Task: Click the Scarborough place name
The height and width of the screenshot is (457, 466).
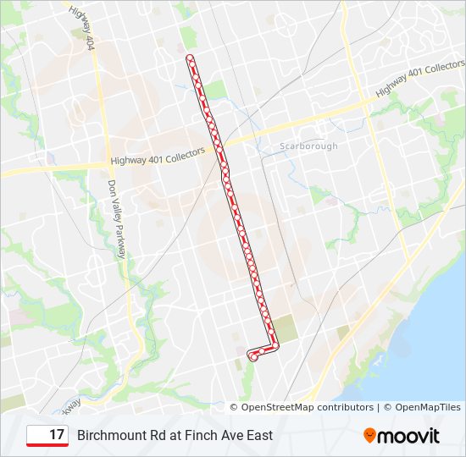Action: (x=308, y=146)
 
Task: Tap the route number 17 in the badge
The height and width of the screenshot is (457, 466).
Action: (x=57, y=435)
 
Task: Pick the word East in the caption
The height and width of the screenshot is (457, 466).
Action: (x=257, y=436)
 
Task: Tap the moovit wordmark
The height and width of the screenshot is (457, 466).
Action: (x=408, y=436)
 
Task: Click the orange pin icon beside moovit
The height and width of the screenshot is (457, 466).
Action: (x=369, y=436)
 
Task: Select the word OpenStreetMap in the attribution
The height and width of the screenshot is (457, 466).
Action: (x=277, y=407)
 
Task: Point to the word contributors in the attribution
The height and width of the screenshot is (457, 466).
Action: (x=344, y=407)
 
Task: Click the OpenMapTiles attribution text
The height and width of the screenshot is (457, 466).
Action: (x=427, y=407)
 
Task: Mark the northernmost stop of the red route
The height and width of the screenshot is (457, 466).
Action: (x=190, y=58)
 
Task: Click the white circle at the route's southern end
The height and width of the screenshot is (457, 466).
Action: (x=253, y=358)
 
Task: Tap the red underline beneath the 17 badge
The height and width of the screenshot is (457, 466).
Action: (x=47, y=445)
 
